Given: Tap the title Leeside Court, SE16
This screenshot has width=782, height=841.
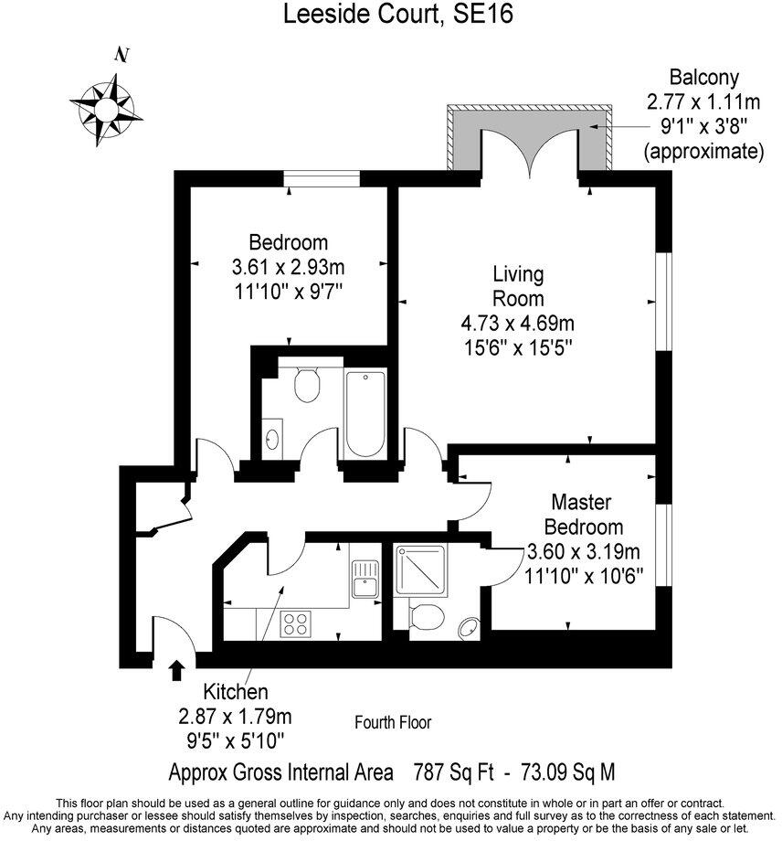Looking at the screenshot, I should click(x=390, y=14).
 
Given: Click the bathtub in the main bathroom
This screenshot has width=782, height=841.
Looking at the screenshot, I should click(x=365, y=413).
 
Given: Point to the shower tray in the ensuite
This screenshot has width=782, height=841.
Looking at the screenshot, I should click(x=421, y=570).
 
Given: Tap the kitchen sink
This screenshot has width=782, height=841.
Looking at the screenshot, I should click(x=366, y=580).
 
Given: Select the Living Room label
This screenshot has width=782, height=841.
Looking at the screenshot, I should click(x=518, y=286).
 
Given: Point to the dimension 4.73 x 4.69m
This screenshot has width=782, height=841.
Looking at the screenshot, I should click(x=518, y=323).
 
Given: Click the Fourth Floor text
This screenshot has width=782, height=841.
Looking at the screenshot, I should click(x=393, y=722).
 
